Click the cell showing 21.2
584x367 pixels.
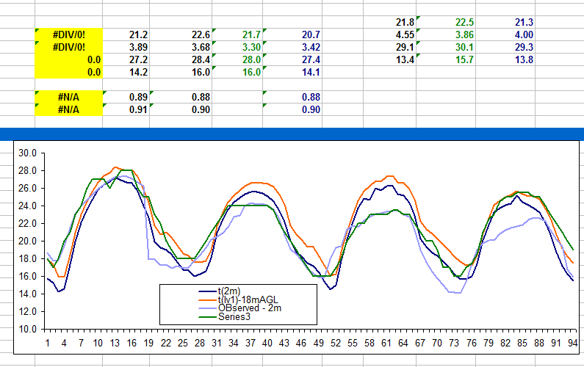(x=138, y=34)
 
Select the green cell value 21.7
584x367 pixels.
(x=252, y=34)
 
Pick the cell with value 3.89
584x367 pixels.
(x=138, y=47)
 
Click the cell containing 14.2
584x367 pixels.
(x=138, y=72)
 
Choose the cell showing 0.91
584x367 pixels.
(x=138, y=109)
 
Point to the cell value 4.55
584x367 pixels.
(x=405, y=34)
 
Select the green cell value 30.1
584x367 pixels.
(x=464, y=47)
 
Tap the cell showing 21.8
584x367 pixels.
(x=405, y=22)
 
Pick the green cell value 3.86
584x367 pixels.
(x=464, y=34)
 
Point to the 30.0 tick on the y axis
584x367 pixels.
(x=27, y=153)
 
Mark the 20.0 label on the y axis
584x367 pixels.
(x=27, y=241)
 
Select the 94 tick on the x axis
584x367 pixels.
(x=572, y=343)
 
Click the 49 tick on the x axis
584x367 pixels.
(x=318, y=343)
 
